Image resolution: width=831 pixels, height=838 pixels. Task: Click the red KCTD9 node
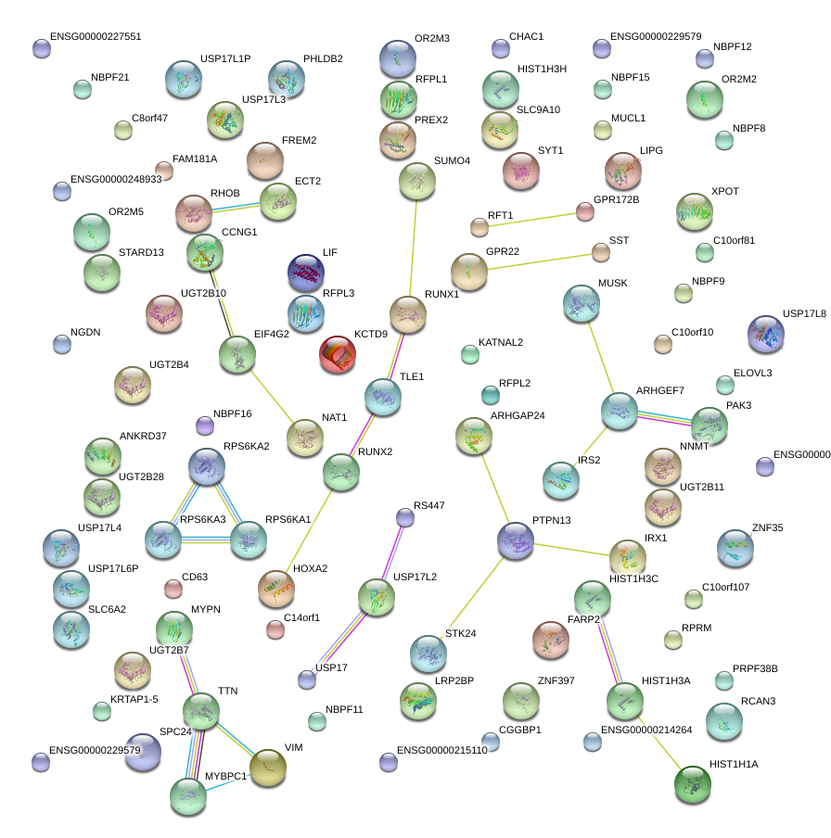tap(337, 355)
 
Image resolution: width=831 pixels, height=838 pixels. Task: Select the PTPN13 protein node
tap(516, 541)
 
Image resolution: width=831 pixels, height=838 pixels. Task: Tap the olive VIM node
tap(268, 767)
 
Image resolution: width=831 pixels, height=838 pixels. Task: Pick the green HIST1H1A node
tap(692, 784)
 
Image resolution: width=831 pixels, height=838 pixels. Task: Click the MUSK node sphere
tap(582, 303)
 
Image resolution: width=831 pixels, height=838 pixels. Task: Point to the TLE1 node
tap(382, 397)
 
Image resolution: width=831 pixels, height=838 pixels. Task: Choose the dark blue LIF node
tap(306, 273)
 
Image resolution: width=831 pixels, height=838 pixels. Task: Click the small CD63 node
tap(173, 589)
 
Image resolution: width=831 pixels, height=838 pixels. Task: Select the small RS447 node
tap(404, 517)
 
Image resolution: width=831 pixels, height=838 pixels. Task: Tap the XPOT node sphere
tap(695, 211)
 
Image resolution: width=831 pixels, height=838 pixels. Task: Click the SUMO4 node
tap(416, 182)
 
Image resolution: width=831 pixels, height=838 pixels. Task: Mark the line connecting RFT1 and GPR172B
tap(531, 219)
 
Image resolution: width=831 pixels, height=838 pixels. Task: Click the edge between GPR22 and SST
tap(538, 260)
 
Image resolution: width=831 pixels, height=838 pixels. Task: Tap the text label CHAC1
tap(526, 37)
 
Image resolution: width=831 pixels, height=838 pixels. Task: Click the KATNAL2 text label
tap(501, 343)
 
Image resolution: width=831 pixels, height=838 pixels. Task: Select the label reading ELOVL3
tap(752, 374)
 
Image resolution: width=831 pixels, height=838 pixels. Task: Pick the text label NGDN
tap(85, 333)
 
